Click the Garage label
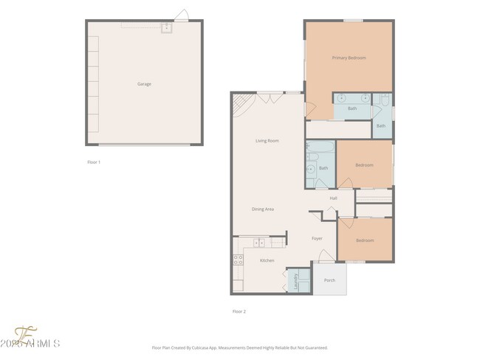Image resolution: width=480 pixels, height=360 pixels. click(144, 84)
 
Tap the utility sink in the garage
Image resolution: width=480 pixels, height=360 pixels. click(166, 28)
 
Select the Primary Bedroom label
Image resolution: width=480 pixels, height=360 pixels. click(349, 58)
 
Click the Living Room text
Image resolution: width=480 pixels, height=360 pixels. click(267, 140)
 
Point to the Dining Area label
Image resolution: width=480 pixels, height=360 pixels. click(263, 210)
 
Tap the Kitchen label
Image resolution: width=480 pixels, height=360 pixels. click(267, 260)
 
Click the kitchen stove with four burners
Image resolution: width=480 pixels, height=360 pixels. click(239, 260)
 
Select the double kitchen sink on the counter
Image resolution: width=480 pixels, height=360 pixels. click(260, 243)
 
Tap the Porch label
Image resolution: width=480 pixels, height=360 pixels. click(329, 280)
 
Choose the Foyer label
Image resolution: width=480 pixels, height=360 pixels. click(317, 238)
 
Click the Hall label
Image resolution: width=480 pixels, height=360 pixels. click(333, 198)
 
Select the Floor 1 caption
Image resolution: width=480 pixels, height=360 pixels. click(94, 162)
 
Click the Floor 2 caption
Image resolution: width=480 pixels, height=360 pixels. click(239, 311)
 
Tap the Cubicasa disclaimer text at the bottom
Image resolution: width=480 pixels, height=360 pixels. click(239, 347)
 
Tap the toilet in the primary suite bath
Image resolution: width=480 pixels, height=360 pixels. click(385, 102)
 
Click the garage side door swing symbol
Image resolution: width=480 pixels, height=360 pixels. click(181, 15)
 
